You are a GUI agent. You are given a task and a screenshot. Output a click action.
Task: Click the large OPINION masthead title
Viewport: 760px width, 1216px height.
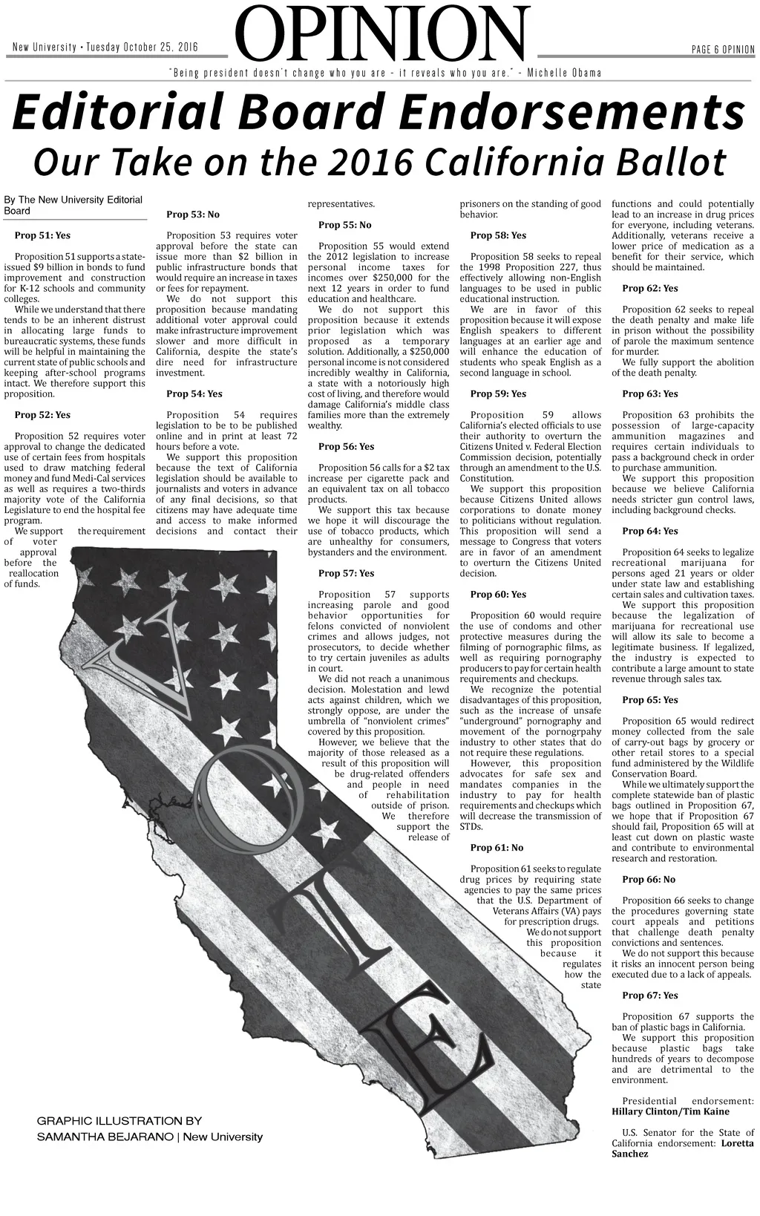pos(383,34)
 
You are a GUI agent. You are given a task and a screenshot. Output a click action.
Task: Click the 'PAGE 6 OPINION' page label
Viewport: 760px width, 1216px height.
pos(722,50)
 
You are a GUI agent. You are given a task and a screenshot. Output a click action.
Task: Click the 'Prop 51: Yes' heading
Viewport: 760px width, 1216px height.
pos(42,235)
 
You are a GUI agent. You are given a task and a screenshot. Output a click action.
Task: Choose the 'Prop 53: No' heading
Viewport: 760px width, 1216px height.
pos(193,215)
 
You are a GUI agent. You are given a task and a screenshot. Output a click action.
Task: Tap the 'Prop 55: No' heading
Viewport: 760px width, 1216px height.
pos(344,225)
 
